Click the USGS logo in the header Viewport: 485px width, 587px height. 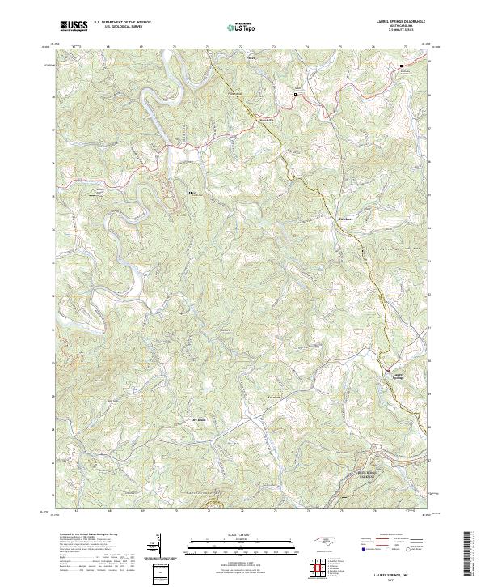point(74,26)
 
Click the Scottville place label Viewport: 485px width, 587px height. point(244,120)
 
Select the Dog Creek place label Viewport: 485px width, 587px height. point(199,419)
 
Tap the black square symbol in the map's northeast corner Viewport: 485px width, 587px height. point(402,66)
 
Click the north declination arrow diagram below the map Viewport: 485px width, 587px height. point(157,544)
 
